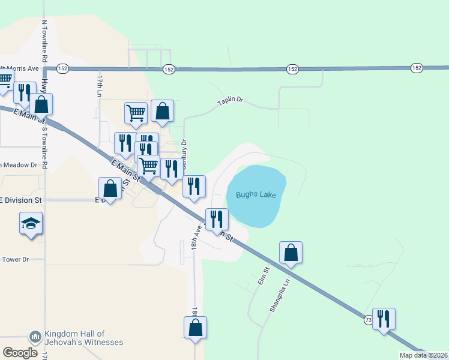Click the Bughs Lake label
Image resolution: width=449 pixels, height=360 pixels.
pos(256,194)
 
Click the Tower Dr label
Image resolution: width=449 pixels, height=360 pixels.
pos(16,259)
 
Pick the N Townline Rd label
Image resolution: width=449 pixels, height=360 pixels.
pos(44,41)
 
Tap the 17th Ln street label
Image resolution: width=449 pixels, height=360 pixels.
pos(100,86)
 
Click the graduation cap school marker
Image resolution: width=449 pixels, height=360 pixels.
pos(31,224)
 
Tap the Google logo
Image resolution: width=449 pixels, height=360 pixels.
pos(20,353)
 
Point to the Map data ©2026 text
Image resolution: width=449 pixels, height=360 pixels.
pos(423,355)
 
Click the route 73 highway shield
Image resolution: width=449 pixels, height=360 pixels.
pos(368,321)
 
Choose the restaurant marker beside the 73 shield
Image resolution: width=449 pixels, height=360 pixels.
pos(384,319)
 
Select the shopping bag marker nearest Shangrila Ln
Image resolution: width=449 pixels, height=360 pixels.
pos(291,253)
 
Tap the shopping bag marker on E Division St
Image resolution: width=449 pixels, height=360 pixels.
pos(110,188)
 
